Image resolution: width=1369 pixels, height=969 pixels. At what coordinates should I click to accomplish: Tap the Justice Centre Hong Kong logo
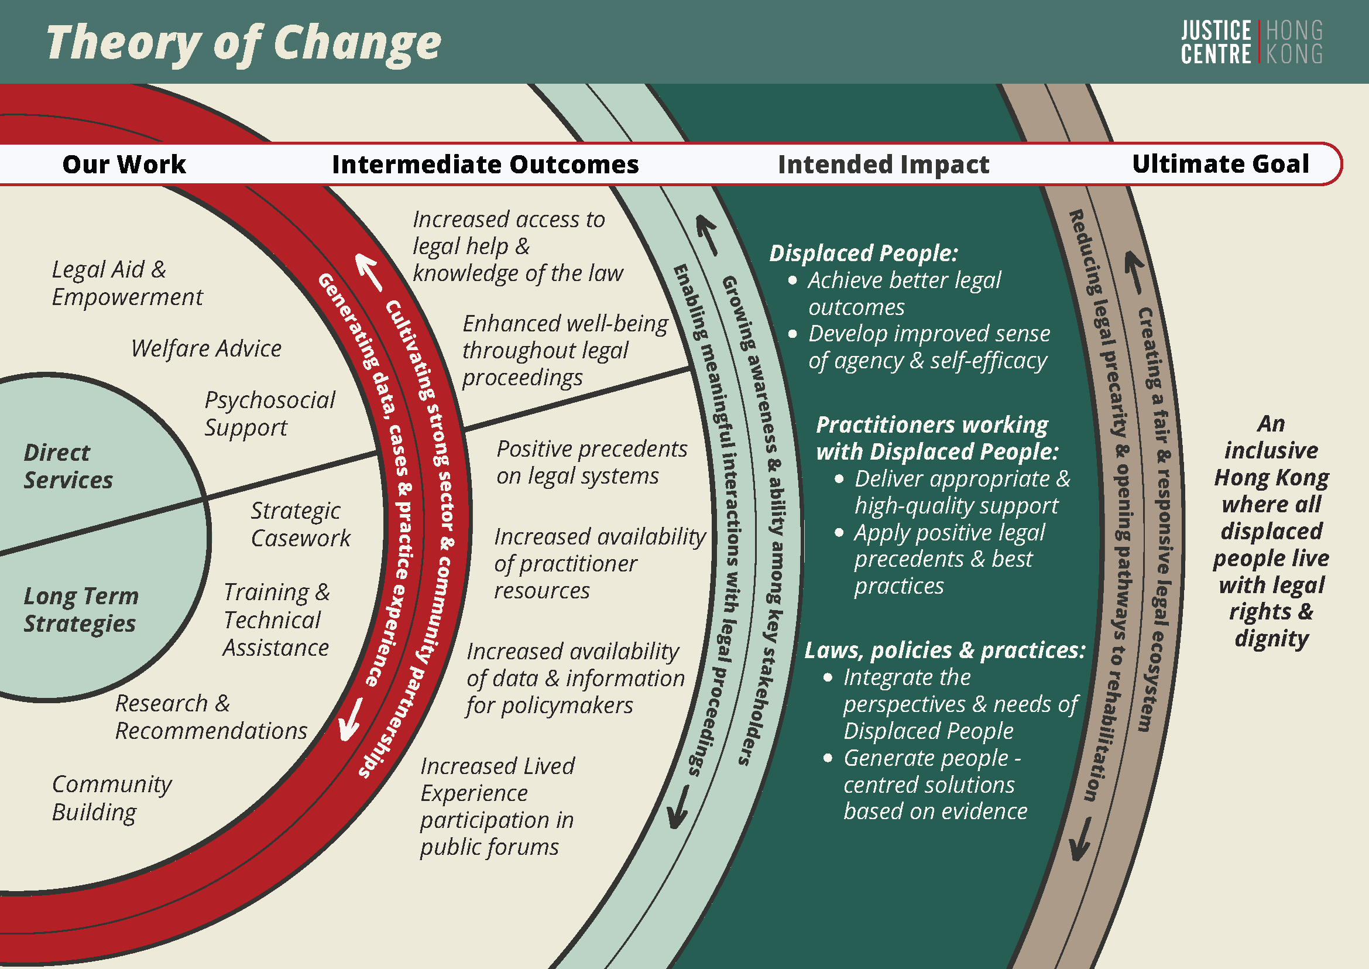pos(1251,42)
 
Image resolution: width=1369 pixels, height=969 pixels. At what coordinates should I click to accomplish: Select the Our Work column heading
pos(124,164)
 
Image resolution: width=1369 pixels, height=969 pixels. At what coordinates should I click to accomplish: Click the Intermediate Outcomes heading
pos(485,164)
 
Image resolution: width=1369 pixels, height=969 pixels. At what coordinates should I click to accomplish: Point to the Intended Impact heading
pos(883,164)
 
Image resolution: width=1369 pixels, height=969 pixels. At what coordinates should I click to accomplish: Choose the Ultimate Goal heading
pos(1220,163)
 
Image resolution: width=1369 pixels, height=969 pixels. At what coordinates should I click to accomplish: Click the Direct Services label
pos(68,466)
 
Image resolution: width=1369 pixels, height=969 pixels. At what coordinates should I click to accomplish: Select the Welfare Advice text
pos(207,348)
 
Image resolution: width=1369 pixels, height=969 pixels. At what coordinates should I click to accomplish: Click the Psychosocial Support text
pos(270,413)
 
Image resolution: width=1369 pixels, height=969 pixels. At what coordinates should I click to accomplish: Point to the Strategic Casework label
pos(301,525)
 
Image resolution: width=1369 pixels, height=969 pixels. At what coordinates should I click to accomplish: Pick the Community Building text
pos(112,799)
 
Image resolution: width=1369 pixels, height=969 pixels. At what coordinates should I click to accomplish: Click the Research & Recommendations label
pos(211,717)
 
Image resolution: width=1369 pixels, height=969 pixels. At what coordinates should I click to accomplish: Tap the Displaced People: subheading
pos(863,253)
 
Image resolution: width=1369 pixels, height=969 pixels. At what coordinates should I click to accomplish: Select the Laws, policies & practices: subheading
pos(945,650)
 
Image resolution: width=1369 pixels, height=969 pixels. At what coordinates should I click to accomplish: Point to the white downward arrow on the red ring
pos(350,719)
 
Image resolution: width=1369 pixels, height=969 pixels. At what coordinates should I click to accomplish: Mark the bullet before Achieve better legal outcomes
pos(792,280)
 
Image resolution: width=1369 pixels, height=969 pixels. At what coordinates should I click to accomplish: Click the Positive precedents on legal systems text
pos(592,463)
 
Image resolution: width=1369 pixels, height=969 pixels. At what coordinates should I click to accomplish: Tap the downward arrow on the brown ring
pos(1080,839)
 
